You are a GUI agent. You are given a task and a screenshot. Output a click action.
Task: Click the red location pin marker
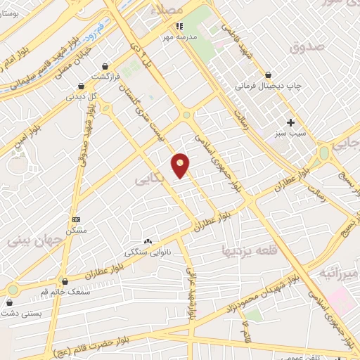tap(181, 165)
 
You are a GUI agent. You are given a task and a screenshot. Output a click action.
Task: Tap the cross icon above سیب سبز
tap(290, 122)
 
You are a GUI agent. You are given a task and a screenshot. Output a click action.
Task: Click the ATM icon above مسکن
tap(76, 219)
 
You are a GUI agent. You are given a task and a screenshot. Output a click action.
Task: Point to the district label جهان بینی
tap(35, 239)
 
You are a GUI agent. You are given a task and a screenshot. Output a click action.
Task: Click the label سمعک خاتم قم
tap(65, 292)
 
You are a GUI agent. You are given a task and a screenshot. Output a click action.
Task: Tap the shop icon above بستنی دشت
tap(10, 302)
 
